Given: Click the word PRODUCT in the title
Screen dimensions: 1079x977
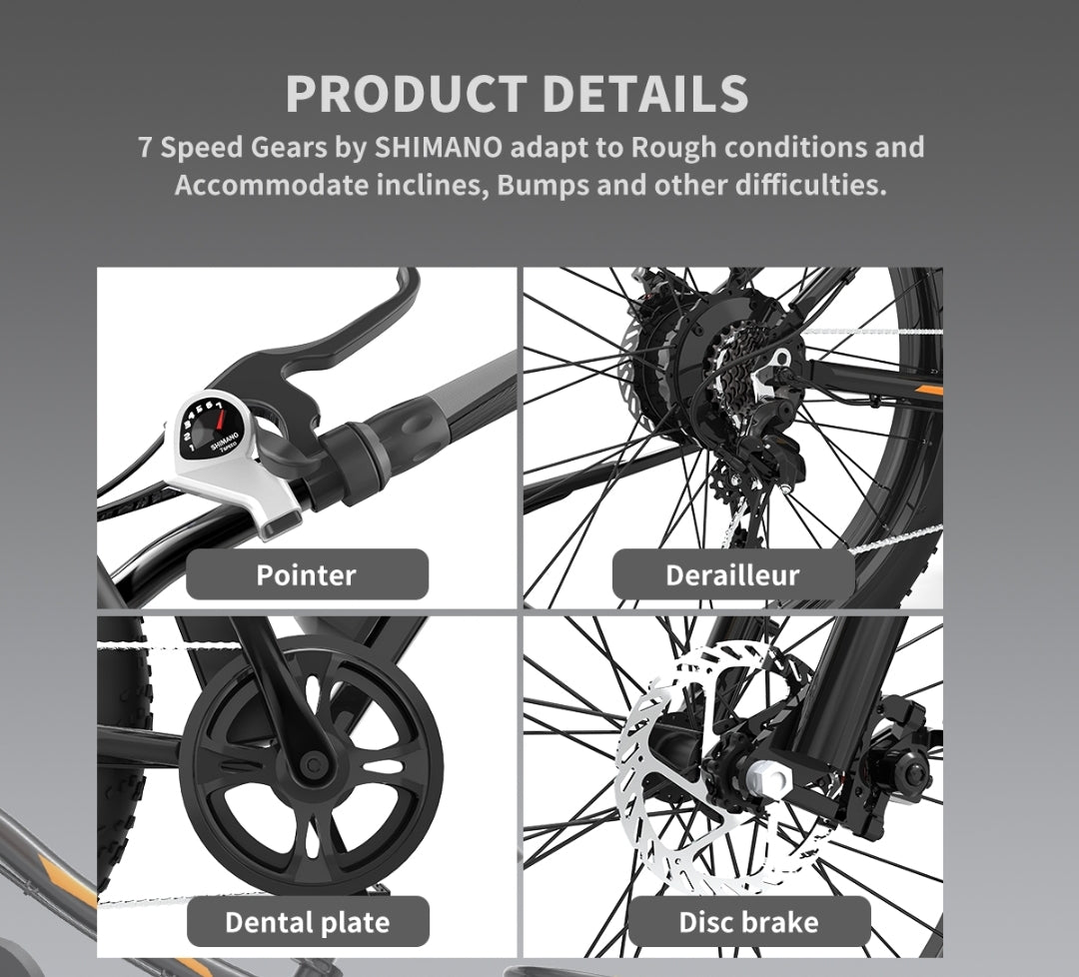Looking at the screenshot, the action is coord(406,94).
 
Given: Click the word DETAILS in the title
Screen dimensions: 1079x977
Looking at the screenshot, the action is coord(644,94).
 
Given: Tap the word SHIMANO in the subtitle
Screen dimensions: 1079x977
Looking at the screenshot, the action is coord(438,147).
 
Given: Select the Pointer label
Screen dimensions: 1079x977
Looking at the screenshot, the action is coord(307,574).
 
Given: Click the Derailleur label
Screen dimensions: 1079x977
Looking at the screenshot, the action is coord(733,574).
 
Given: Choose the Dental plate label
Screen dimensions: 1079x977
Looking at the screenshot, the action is coord(308,922).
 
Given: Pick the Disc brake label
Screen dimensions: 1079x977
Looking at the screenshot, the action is coord(748,922).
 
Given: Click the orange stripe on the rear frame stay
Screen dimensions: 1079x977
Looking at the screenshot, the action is coord(928,391).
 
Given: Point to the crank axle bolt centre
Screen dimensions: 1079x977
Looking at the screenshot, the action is coord(314,764).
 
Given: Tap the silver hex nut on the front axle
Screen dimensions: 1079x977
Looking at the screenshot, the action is coord(767,779).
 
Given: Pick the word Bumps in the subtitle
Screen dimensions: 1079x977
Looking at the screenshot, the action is coord(542,186).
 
